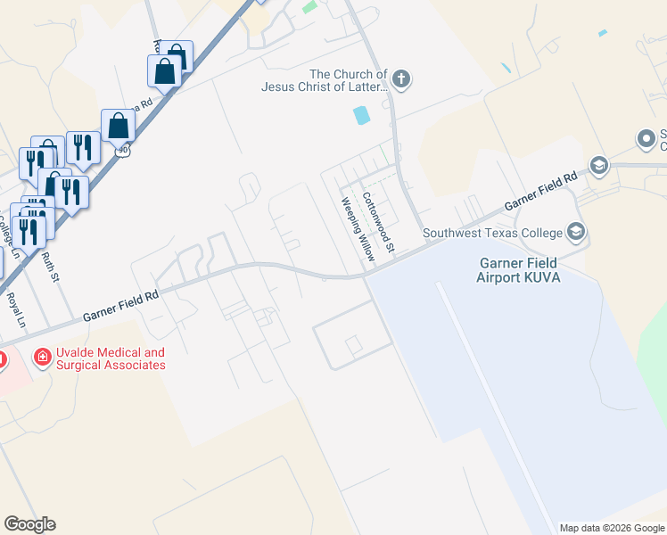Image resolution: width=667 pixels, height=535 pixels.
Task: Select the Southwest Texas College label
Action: point(492,234)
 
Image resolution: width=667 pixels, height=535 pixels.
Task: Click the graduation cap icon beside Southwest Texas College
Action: point(576,234)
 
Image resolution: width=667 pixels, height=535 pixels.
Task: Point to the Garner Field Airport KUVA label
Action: point(518,270)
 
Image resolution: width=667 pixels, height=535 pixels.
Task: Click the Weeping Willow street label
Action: point(355,229)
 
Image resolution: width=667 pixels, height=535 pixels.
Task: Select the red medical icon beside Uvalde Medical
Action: point(41,358)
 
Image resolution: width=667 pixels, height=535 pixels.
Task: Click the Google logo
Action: point(29,524)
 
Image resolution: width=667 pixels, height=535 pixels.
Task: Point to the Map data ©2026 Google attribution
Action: point(612,528)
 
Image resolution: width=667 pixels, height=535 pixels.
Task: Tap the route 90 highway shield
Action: point(123,151)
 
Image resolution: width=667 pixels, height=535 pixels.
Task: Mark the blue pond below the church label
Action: point(361,115)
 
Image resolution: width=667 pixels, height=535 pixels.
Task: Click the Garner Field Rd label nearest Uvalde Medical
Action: point(120,304)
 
